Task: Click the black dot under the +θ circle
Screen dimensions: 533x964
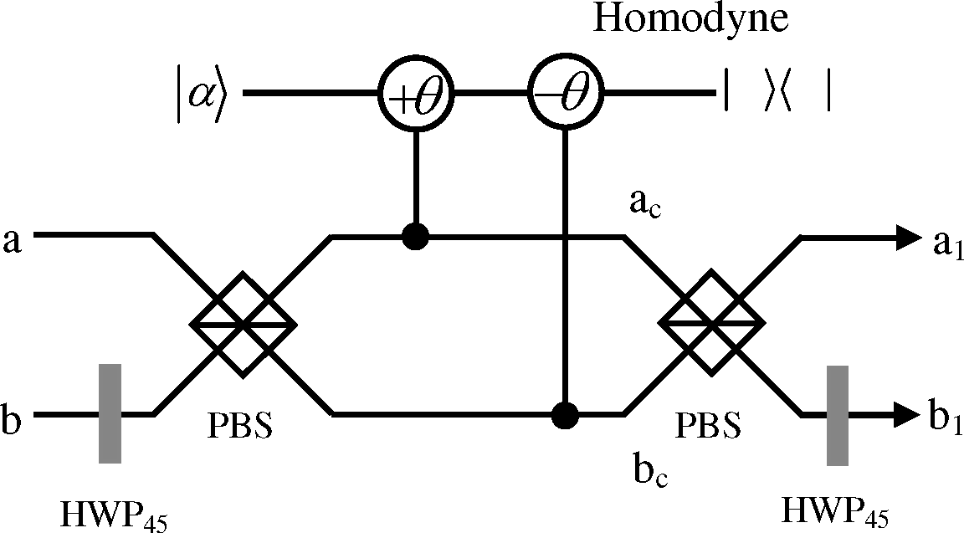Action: click(416, 238)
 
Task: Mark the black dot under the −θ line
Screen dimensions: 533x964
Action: click(566, 413)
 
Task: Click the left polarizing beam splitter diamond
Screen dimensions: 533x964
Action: click(244, 323)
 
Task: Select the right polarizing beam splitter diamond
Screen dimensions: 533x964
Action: click(711, 323)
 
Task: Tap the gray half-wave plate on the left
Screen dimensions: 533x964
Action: click(110, 413)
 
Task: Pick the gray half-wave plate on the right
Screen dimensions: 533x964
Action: click(837, 414)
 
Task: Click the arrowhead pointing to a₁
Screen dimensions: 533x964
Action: click(908, 239)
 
